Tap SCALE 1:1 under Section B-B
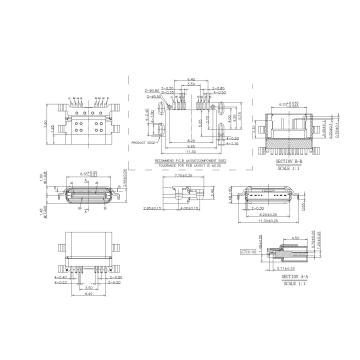(x=286, y=165)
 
